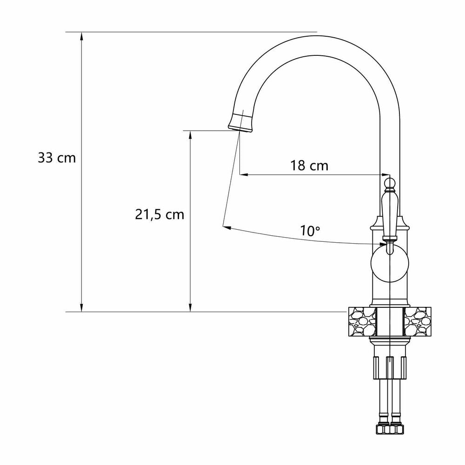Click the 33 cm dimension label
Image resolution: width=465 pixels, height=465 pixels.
click(x=57, y=158)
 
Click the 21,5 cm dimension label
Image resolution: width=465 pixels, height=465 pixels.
click(x=159, y=214)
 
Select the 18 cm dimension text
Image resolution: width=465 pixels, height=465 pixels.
click(x=309, y=166)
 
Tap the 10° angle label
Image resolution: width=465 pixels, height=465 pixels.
click(x=311, y=231)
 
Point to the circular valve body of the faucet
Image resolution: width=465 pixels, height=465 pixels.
click(x=390, y=263)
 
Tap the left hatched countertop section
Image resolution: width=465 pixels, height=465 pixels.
click(x=361, y=322)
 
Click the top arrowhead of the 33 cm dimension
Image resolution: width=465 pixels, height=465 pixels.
click(x=82, y=36)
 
